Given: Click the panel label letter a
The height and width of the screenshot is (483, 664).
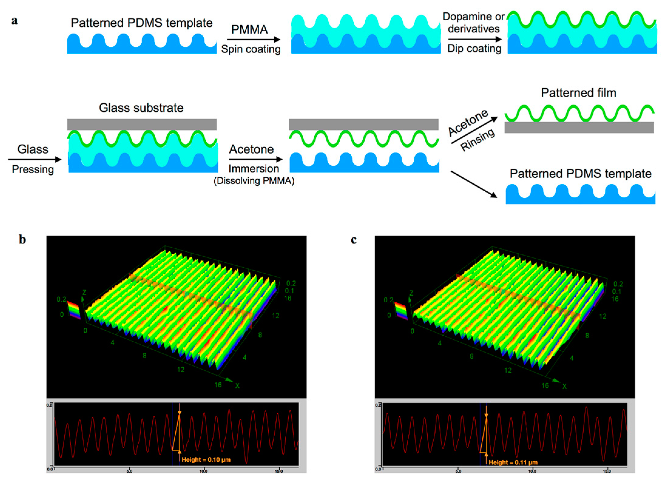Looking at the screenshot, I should pos(14,21).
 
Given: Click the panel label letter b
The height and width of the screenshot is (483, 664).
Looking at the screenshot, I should pos(22,240).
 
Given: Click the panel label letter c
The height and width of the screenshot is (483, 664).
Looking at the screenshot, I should pos(354,240).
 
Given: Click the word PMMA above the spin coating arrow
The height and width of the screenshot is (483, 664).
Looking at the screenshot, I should pos(249,30).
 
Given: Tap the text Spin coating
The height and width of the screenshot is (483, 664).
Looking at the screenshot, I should pos(251,49).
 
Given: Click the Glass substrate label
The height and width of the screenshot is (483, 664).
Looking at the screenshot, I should pos(141,108).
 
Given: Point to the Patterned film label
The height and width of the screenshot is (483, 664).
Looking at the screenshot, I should pos(578,93).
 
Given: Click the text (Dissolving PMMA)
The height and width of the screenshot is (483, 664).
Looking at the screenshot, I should pos(254,181).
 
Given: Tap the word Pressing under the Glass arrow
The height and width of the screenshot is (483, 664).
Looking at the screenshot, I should pos(33,169).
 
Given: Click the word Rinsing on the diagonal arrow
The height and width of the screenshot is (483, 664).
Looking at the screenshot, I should pos(477,140).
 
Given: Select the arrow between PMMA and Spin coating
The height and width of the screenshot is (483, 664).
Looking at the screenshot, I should pos(253,39).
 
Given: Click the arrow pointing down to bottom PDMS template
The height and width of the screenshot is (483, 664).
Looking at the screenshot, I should pos(474,184).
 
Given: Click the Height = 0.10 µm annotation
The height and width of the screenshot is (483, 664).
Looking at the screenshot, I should pos(206,460).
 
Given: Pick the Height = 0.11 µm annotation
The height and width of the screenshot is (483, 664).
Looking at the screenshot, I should pos(513,462).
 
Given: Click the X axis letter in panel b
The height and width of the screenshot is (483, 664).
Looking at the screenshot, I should pos(237,386).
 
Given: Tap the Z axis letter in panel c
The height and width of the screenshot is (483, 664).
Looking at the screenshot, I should pos(411,293).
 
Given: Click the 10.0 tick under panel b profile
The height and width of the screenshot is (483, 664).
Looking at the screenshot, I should pos(203,471).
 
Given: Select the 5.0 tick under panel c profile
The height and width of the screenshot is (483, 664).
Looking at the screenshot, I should pos(458,471).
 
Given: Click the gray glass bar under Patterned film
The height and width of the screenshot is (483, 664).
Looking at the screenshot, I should pos(579,128).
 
